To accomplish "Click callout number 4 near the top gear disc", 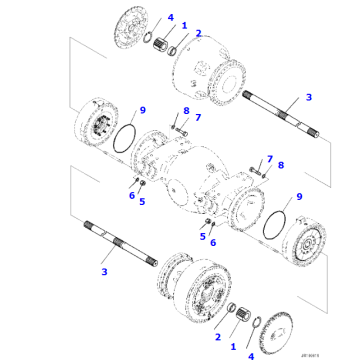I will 170,17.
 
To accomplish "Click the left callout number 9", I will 143,109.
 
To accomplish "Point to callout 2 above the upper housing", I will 198,34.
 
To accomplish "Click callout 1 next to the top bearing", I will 184,23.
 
